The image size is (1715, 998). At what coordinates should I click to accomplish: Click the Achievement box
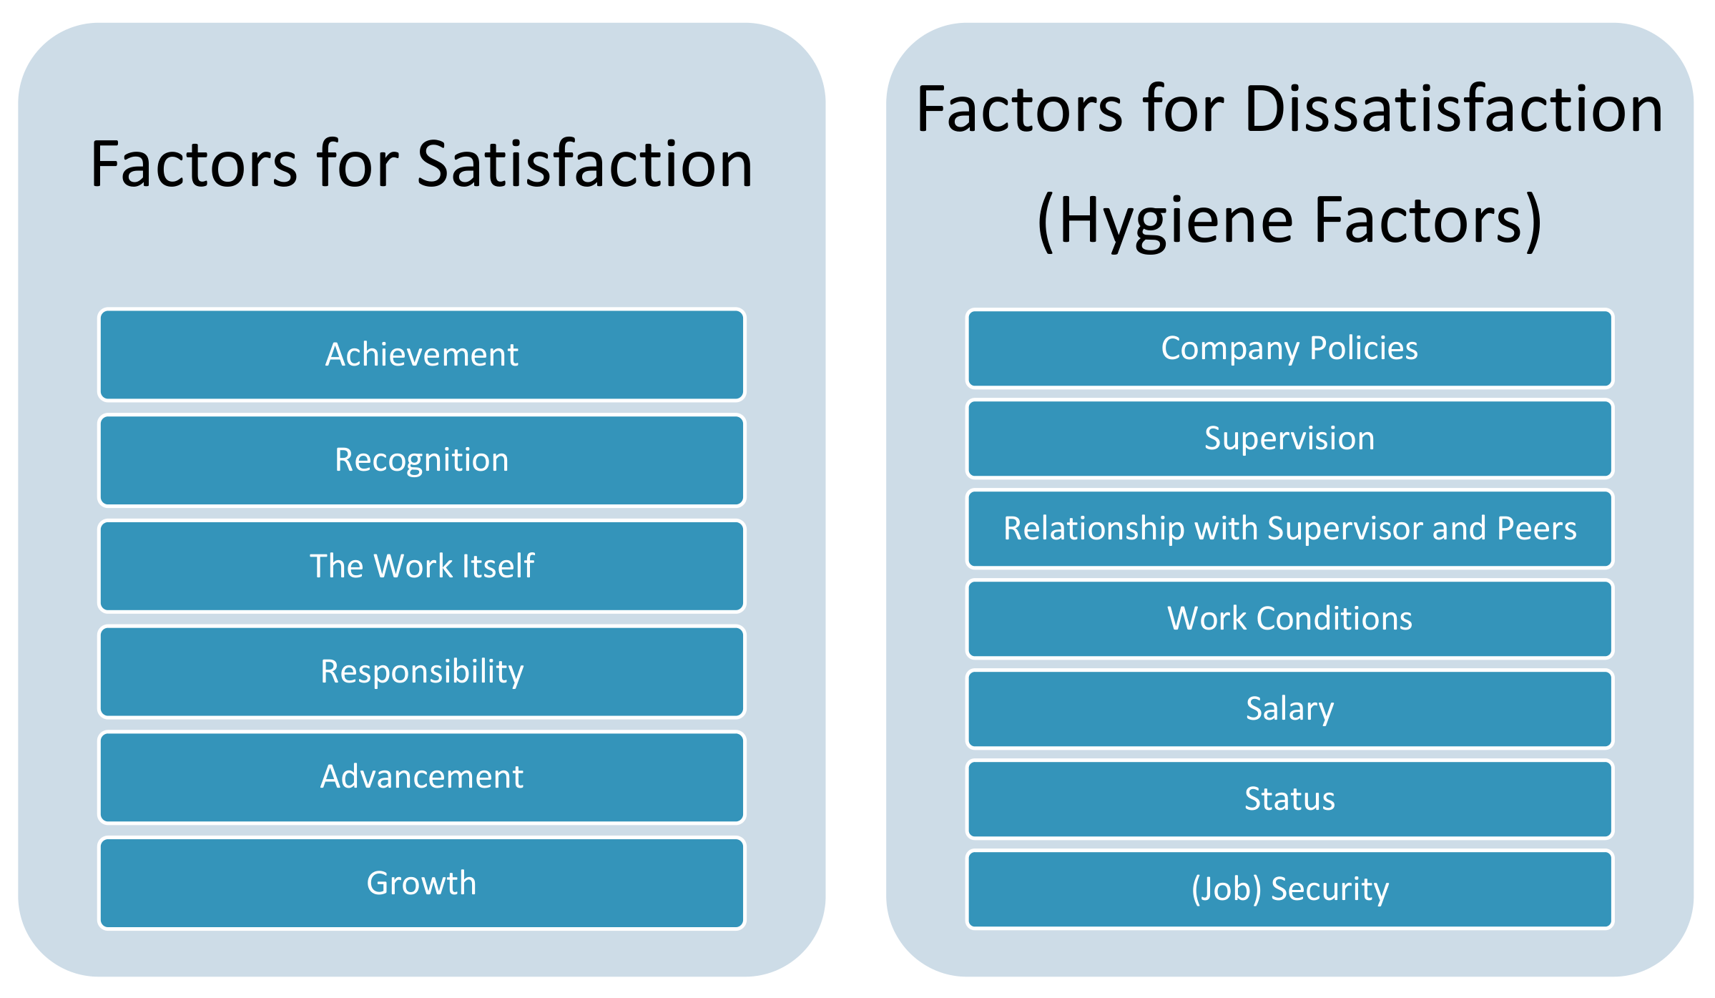click(x=422, y=355)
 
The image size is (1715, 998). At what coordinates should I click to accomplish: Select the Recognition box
click(x=422, y=460)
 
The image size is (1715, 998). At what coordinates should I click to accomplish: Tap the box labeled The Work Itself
click(x=422, y=566)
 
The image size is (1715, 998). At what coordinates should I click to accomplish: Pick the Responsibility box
click(x=422, y=672)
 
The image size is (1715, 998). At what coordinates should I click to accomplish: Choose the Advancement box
click(x=422, y=777)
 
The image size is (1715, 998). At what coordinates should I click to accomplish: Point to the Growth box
click(x=422, y=883)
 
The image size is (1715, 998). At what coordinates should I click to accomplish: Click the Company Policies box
click(x=1289, y=348)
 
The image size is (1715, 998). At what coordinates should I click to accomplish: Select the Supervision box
click(x=1289, y=439)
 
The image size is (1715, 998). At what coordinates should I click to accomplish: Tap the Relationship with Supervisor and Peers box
click(x=1289, y=529)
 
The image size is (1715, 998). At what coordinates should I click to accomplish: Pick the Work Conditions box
click(x=1289, y=619)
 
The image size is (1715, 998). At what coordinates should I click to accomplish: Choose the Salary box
click(x=1289, y=709)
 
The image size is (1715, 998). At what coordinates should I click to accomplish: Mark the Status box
click(x=1289, y=799)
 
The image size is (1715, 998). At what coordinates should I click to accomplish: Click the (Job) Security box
click(x=1289, y=889)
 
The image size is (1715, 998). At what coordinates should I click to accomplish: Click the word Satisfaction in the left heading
click(x=584, y=164)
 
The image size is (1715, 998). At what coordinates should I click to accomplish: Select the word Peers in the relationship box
click(x=1537, y=529)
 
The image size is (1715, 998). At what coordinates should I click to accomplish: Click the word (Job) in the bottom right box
click(x=1226, y=889)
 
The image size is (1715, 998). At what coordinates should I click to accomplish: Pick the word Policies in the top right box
click(x=1364, y=348)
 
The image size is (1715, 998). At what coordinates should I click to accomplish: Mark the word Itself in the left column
click(x=498, y=566)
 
